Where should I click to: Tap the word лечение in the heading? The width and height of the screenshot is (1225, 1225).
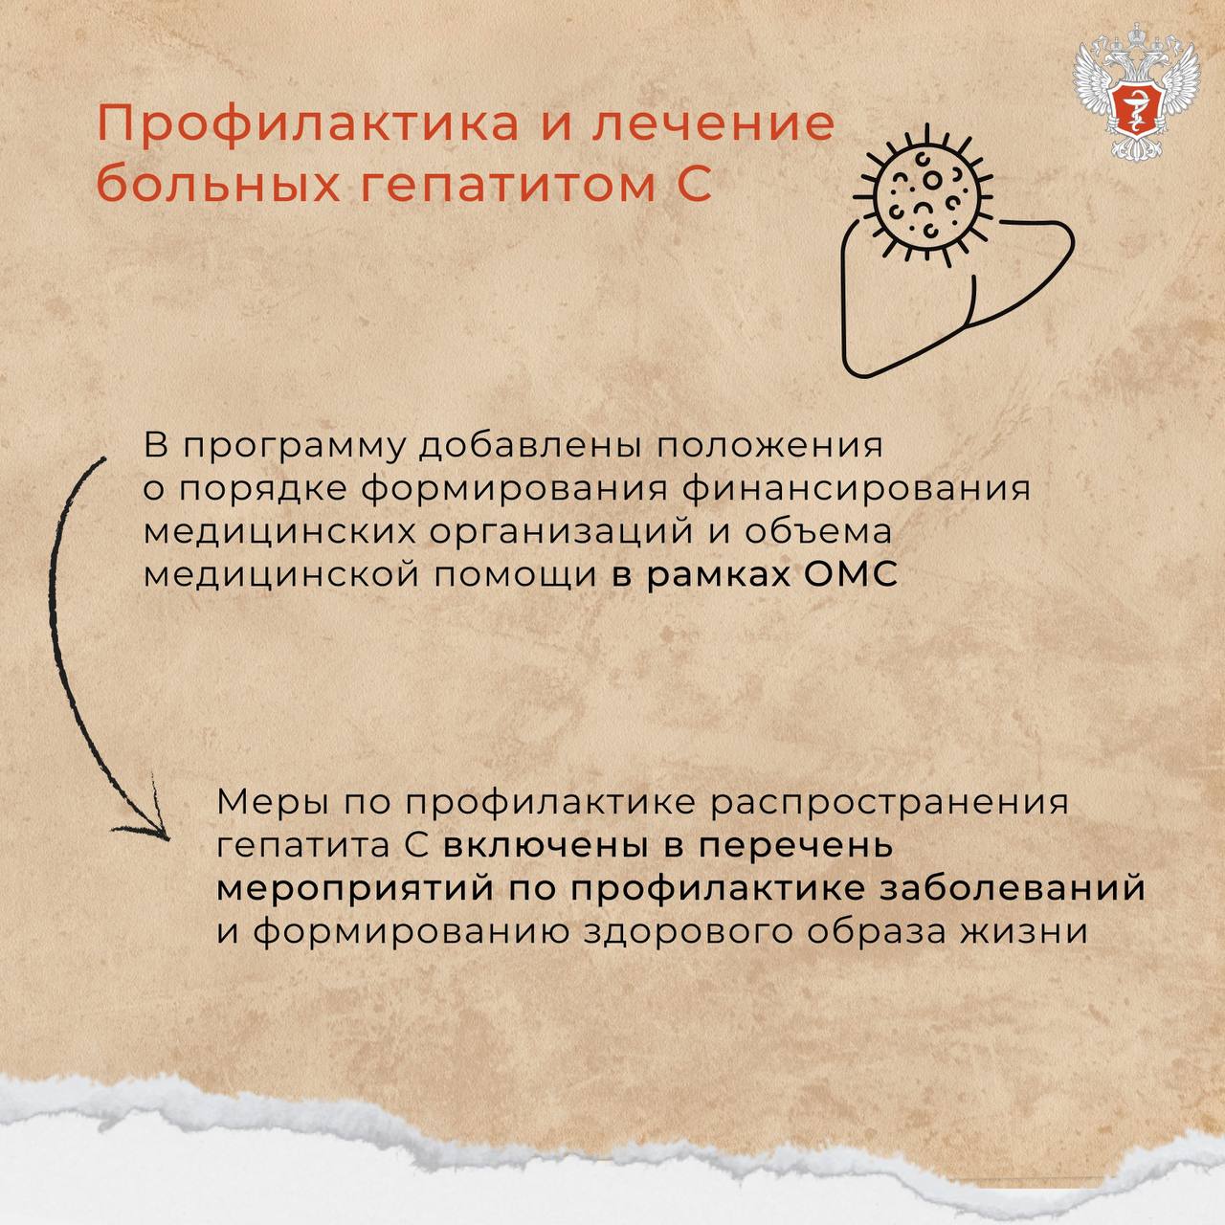click(715, 124)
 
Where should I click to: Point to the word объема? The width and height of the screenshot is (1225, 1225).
click(817, 531)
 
